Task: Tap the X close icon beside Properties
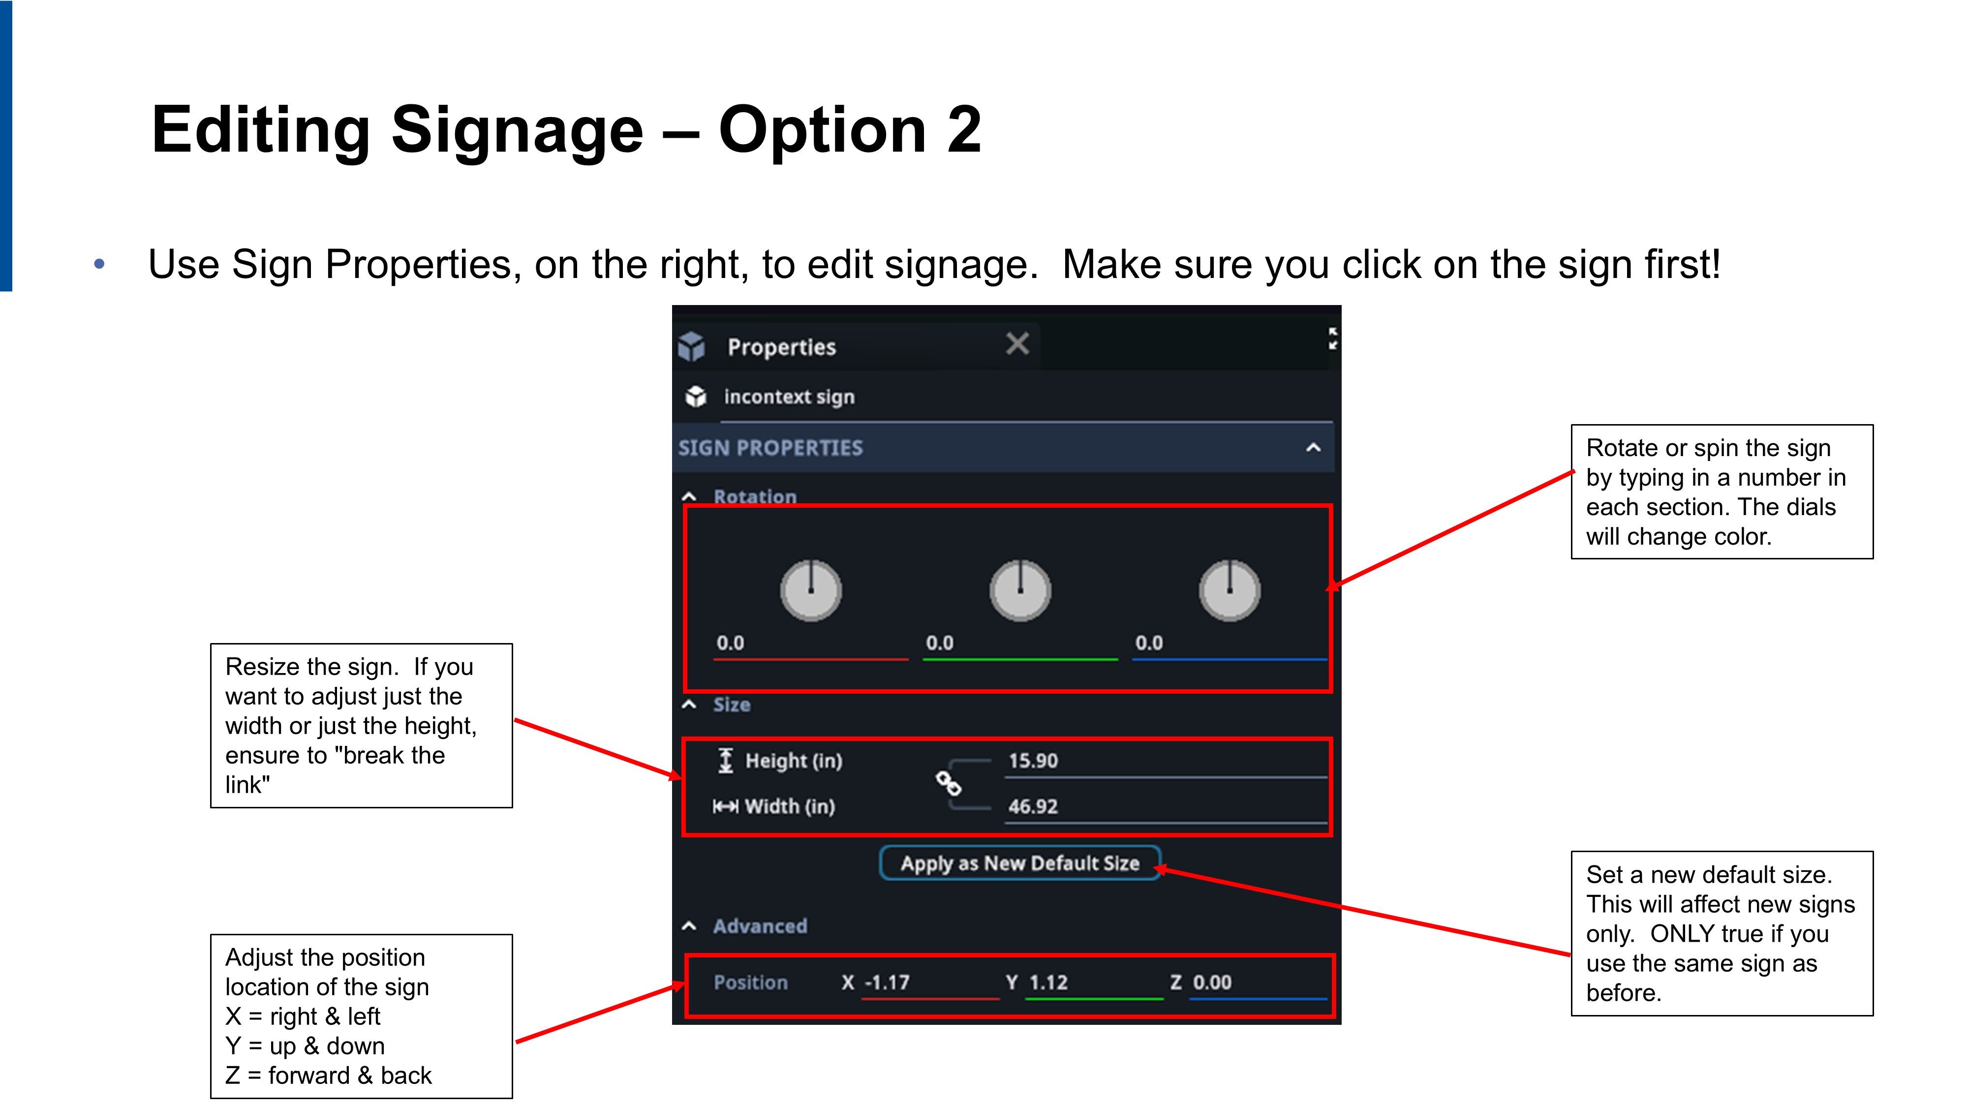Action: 1017,344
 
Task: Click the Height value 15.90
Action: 1033,761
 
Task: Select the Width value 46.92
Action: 1033,807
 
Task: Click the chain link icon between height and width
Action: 948,783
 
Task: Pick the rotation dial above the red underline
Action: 811,590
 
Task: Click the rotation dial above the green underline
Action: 1020,590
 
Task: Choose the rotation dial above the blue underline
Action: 1229,590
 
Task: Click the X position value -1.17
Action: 887,983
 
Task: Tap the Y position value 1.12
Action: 1048,983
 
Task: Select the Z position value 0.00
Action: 1212,983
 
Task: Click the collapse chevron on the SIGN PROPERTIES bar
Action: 1313,448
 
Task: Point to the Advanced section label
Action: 760,926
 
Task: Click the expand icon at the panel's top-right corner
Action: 1333,338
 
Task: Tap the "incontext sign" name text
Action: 789,397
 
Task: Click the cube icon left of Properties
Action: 691,346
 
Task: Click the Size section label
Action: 731,705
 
